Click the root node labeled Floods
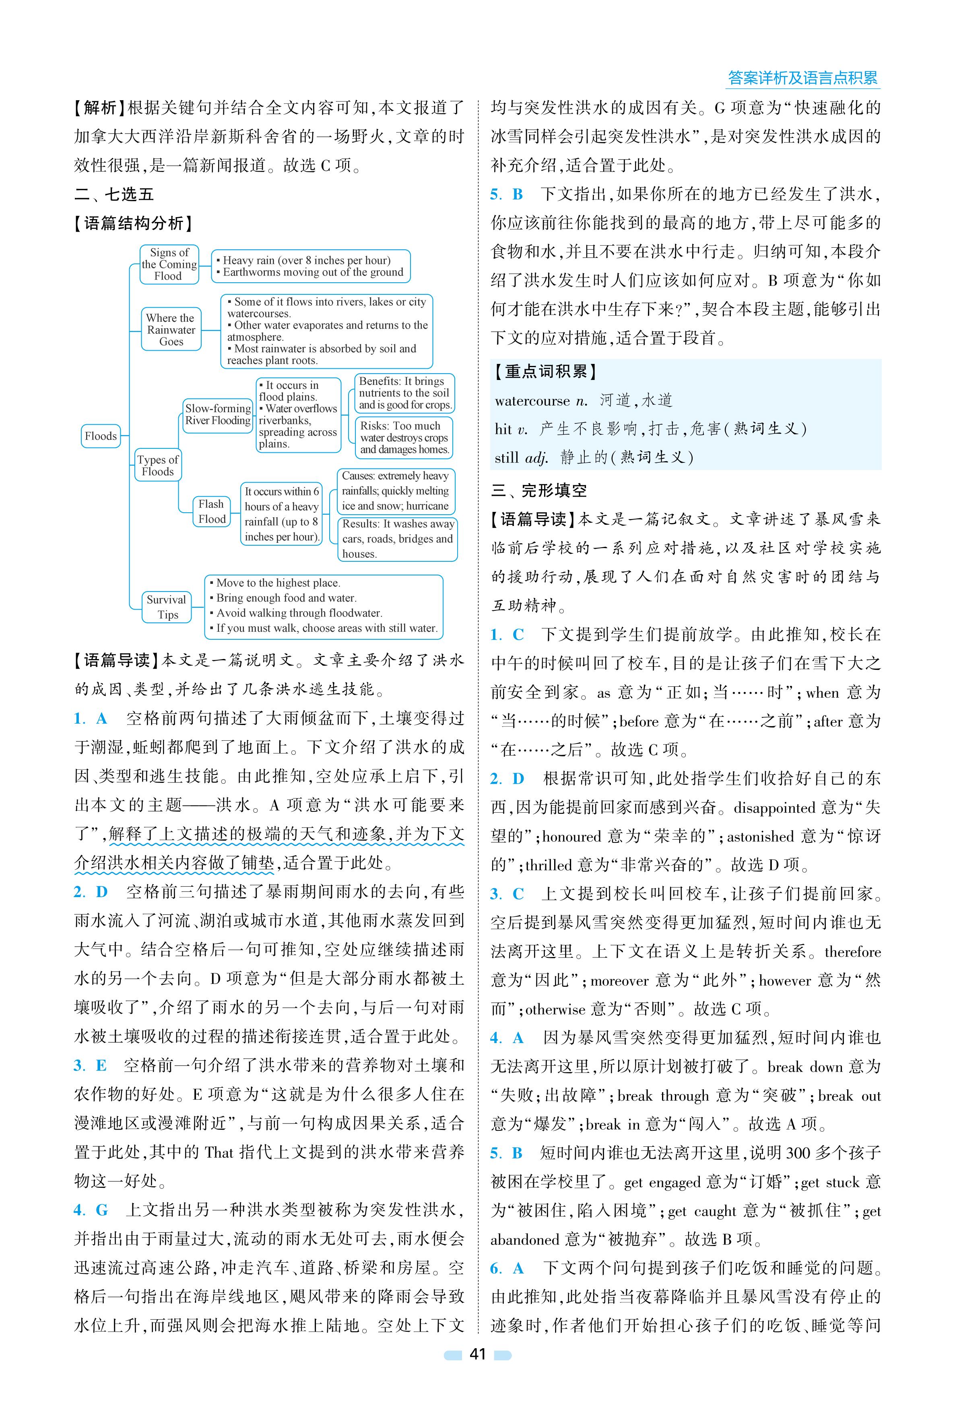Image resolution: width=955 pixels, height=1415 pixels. pos(101,436)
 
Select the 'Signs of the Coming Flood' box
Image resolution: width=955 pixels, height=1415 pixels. pos(169,264)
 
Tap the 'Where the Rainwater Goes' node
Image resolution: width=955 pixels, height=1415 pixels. pos(171,330)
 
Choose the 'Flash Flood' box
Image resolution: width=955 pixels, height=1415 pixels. pos(211,511)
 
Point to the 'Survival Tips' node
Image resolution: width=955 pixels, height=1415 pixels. pos(166,607)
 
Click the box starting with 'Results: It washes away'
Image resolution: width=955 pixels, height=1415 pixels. pos(398,538)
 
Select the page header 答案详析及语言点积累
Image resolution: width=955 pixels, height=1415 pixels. pos(803,78)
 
